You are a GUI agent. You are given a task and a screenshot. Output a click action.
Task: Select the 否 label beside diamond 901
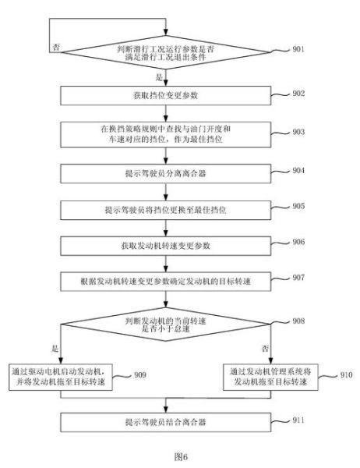pyautogui.click(x=55, y=47)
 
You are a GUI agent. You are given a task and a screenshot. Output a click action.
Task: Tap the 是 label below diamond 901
pyautogui.click(x=161, y=78)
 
